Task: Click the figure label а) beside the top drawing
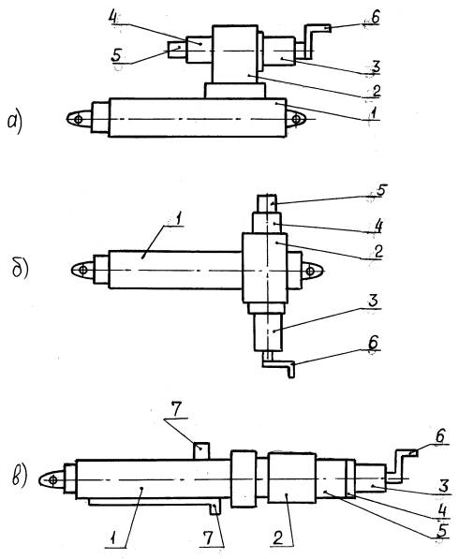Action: point(14,123)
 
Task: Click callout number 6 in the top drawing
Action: point(375,17)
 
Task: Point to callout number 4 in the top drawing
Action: point(113,17)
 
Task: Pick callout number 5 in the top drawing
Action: point(117,55)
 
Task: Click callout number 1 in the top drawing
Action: point(373,113)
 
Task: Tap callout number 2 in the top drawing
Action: point(376,91)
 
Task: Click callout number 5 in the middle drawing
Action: point(380,190)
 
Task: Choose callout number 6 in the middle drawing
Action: point(373,343)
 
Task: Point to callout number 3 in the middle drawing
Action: point(373,301)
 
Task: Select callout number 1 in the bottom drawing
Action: point(113,538)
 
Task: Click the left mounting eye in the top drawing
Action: point(80,119)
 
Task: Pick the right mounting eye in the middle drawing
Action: point(313,271)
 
